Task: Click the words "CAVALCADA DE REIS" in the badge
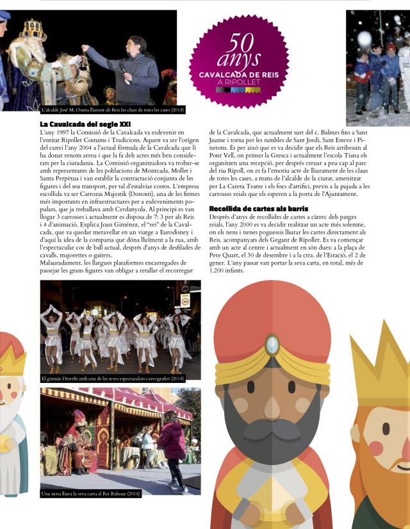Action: point(239,75)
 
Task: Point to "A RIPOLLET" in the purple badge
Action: point(239,83)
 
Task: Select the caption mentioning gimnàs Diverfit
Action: point(112,378)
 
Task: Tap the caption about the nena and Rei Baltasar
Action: point(91,494)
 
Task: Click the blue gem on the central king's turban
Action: point(272,345)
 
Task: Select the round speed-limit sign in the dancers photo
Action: point(184,301)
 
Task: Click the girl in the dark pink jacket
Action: point(172,442)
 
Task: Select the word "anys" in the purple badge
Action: point(239,60)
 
